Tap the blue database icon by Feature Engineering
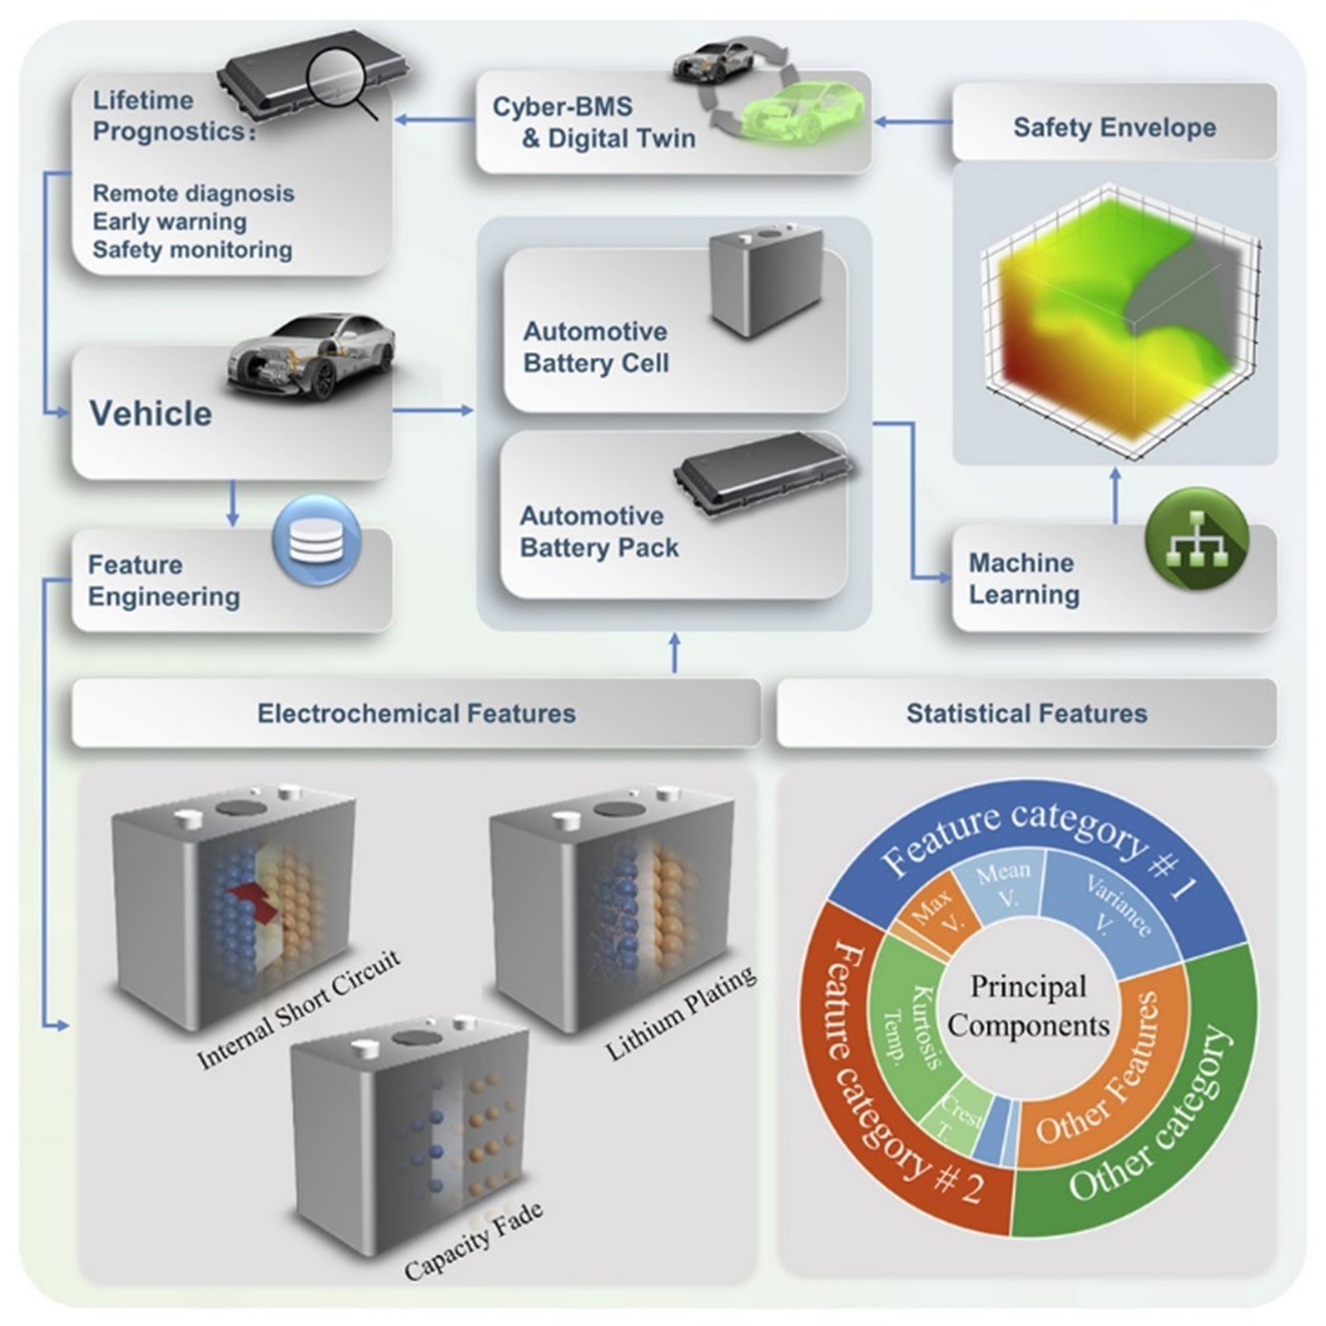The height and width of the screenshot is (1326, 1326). coord(316,540)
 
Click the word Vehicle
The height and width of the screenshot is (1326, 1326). coord(151,413)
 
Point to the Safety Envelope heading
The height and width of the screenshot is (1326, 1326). coord(1114,127)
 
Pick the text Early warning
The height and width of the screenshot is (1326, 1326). coord(169,221)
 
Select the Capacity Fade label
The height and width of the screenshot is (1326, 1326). coord(474,1241)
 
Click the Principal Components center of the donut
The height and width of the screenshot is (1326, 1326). coord(1028,1006)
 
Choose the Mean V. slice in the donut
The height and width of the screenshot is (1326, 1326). coord(1002,883)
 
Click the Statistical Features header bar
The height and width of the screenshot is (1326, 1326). coord(1026,713)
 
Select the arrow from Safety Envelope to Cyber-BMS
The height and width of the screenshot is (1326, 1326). coord(912,121)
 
